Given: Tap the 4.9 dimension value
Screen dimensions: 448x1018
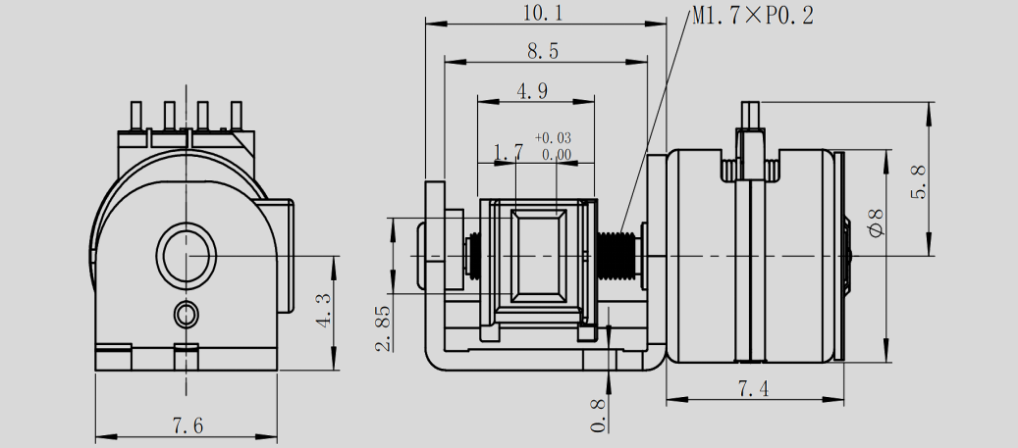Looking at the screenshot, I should (x=532, y=91).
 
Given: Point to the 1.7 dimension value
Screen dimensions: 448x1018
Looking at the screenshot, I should (x=508, y=152).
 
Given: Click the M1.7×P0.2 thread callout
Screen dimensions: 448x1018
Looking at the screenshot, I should (x=751, y=16).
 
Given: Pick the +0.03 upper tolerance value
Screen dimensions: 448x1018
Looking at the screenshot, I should (x=554, y=138).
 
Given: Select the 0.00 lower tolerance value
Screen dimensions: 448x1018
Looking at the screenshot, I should (x=556, y=154).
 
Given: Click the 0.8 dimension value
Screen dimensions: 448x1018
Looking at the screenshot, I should (x=599, y=414).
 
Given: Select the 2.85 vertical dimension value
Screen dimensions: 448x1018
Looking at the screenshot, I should (x=384, y=327).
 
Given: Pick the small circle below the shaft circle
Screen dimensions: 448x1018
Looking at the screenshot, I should (x=187, y=314).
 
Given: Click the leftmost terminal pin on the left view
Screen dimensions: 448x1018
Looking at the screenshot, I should (x=136, y=117).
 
